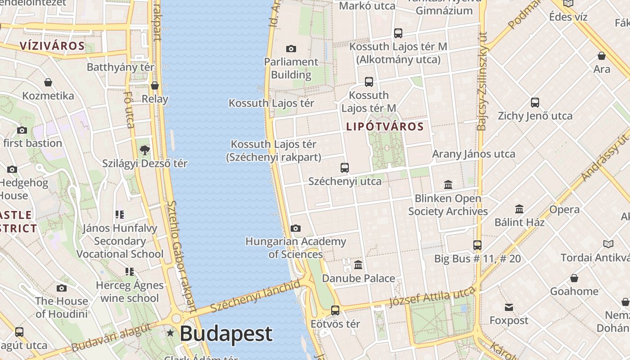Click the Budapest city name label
pyautogui.click(x=226, y=334)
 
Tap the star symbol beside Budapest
pyautogui.click(x=171, y=333)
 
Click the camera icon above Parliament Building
pyautogui.click(x=291, y=49)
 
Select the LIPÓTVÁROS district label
pyautogui.click(x=385, y=127)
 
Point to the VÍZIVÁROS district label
pyautogui.click(x=52, y=46)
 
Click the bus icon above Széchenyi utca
pyautogui.click(x=345, y=168)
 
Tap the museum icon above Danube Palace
pyautogui.click(x=358, y=265)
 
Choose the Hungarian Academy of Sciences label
pyautogui.click(x=296, y=248)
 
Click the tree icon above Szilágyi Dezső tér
pyautogui.click(x=144, y=150)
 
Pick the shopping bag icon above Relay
pyautogui.click(x=155, y=85)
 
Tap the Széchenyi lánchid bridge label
pyautogui.click(x=255, y=296)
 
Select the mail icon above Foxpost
pyautogui.click(x=509, y=307)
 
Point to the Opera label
pyautogui.click(x=564, y=210)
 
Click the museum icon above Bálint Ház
pyautogui.click(x=519, y=209)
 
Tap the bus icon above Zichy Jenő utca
pyautogui.click(x=535, y=103)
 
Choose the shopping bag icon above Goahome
pyautogui.click(x=574, y=278)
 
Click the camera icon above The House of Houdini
pyautogui.click(x=62, y=288)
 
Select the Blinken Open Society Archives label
pyautogui.click(x=448, y=205)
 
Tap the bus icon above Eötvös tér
pyautogui.click(x=335, y=310)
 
